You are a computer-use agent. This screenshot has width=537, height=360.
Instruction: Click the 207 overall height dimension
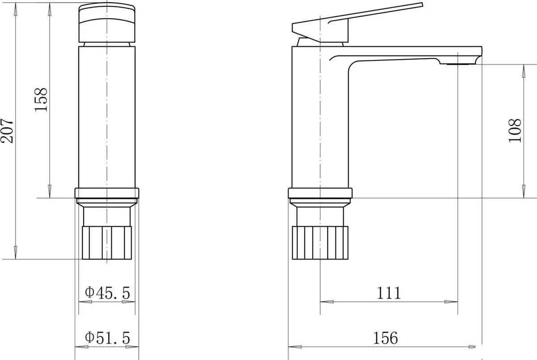(x=7, y=131)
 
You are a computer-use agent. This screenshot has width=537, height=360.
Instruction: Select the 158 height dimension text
(x=41, y=100)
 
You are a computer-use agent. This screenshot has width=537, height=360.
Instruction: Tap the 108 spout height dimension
(x=515, y=131)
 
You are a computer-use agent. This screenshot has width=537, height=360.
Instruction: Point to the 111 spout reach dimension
(x=389, y=293)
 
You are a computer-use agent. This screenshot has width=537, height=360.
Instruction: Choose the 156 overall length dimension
(x=385, y=338)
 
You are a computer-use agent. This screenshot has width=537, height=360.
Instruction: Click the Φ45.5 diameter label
(x=107, y=292)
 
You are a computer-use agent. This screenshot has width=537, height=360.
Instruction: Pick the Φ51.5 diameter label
(x=107, y=338)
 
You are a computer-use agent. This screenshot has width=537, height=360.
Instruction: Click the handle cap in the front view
(x=107, y=22)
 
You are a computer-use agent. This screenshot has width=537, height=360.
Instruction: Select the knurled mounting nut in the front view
(x=107, y=243)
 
